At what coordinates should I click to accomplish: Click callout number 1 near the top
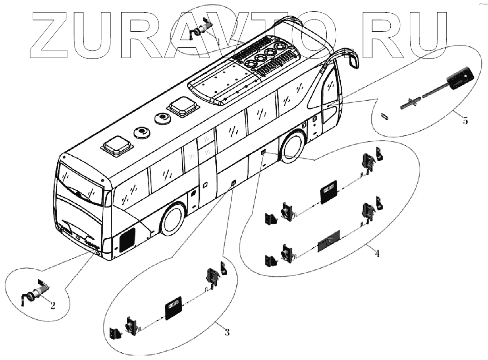219,41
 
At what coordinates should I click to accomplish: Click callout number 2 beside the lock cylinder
53,305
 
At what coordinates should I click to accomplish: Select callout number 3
227,332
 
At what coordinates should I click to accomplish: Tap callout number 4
377,253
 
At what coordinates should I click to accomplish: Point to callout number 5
464,121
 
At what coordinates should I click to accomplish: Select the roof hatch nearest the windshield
117,146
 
